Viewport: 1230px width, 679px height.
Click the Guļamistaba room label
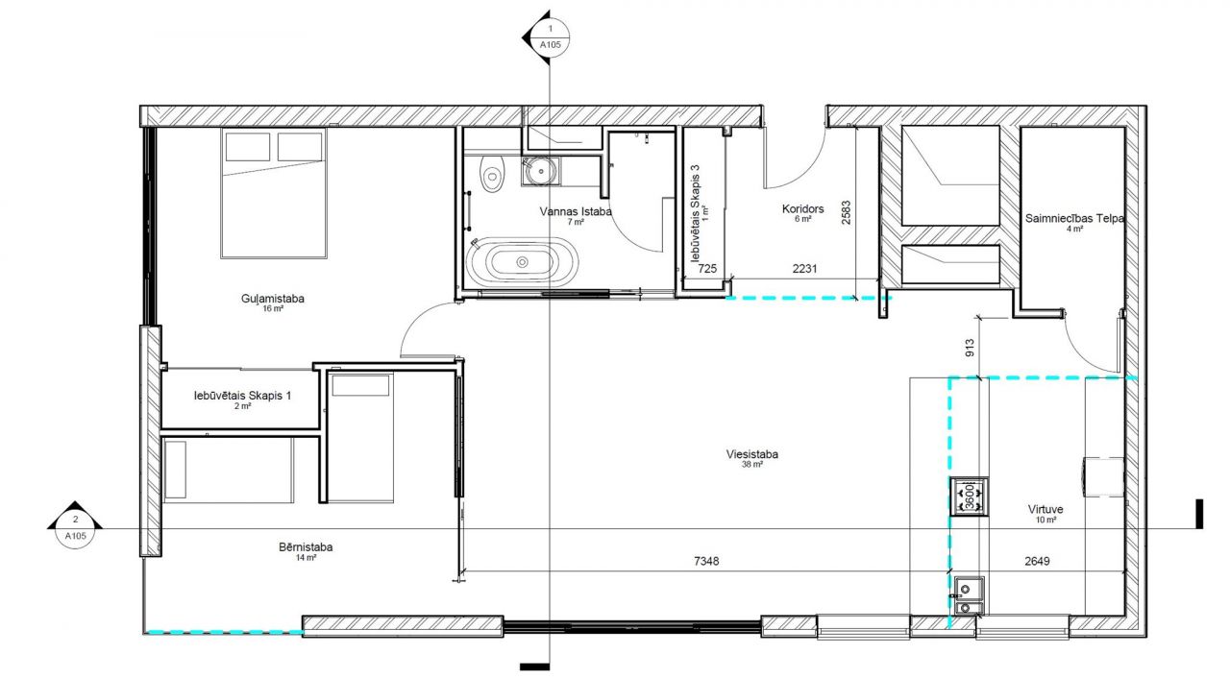[x=272, y=299]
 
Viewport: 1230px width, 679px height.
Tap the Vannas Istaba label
[x=575, y=211]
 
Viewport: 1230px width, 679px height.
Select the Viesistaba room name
[x=751, y=454]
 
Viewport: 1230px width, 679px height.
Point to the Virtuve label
[x=1045, y=509]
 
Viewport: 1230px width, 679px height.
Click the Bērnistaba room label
[x=306, y=546]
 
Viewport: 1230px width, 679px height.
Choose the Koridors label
[x=802, y=208]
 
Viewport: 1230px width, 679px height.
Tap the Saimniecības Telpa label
[x=1074, y=218]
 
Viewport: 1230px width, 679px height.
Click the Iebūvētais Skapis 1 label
[x=242, y=396]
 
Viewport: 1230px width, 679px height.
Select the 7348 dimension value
[x=706, y=561]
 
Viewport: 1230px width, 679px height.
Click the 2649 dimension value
[x=1037, y=561]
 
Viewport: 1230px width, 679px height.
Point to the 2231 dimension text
[x=804, y=268]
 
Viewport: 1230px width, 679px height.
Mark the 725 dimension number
[x=707, y=268]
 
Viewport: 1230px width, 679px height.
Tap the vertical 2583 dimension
[x=846, y=212]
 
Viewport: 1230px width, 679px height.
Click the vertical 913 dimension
[x=970, y=348]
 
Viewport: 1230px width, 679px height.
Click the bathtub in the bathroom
[x=522, y=262]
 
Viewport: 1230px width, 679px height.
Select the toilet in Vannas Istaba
[x=492, y=173]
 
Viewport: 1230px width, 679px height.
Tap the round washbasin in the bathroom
[x=541, y=171]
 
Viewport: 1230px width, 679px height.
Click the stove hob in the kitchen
[x=970, y=497]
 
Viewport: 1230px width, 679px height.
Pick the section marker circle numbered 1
[x=551, y=37]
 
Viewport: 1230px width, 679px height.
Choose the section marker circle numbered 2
[x=75, y=528]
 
